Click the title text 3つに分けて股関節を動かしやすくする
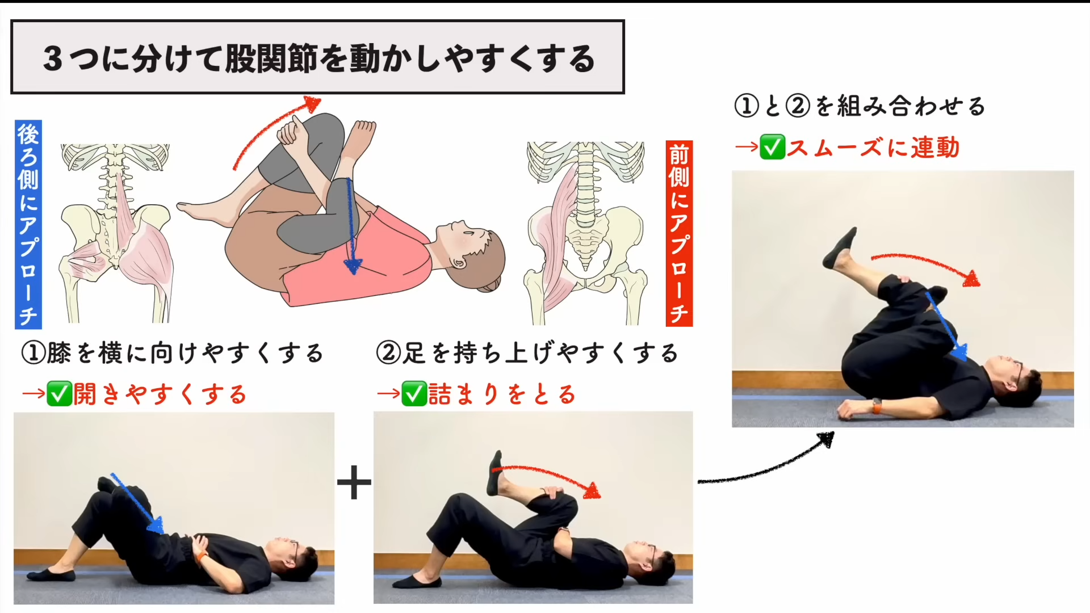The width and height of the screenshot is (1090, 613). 319,58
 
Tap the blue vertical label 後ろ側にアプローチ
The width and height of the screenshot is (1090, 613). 28,225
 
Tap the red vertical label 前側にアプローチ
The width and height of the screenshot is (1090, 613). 679,233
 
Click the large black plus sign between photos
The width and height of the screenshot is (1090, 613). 354,482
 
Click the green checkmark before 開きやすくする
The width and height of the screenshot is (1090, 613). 59,394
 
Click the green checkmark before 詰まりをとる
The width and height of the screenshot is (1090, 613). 414,394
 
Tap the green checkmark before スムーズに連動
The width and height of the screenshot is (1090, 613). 773,147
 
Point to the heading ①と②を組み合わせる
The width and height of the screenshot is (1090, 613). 860,106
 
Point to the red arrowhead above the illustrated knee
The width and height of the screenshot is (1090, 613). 312,103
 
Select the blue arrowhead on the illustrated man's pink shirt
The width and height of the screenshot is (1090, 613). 353,266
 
